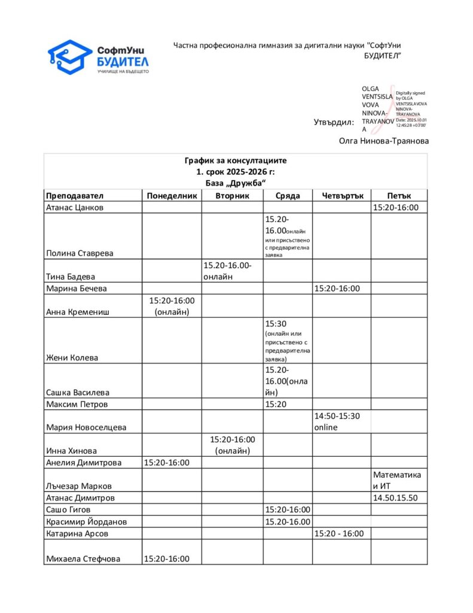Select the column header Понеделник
tap(171, 196)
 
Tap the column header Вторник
tap(232, 196)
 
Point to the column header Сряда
tap(287, 196)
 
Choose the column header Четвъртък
tap(341, 196)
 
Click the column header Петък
tap(398, 196)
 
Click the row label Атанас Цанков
tap(75, 208)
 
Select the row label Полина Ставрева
tap(80, 253)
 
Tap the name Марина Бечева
tap(77, 289)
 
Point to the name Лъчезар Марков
tap(78, 486)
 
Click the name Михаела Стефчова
tap(83, 559)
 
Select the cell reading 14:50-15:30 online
tap(341, 421)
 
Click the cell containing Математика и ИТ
tap(397, 480)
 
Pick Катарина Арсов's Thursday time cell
tap(341, 533)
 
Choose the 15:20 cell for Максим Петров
tap(275, 404)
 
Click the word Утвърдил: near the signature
tap(334, 123)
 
